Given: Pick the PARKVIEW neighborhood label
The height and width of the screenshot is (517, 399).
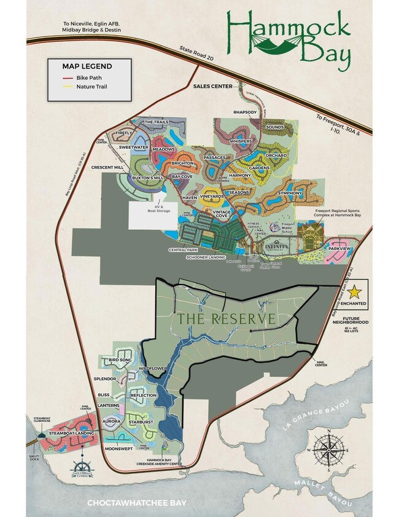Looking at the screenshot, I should click(339, 250).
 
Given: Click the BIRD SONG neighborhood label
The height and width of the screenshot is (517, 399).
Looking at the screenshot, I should click(121, 359).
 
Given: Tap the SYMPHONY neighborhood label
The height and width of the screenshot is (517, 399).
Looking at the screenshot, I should click(290, 193).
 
